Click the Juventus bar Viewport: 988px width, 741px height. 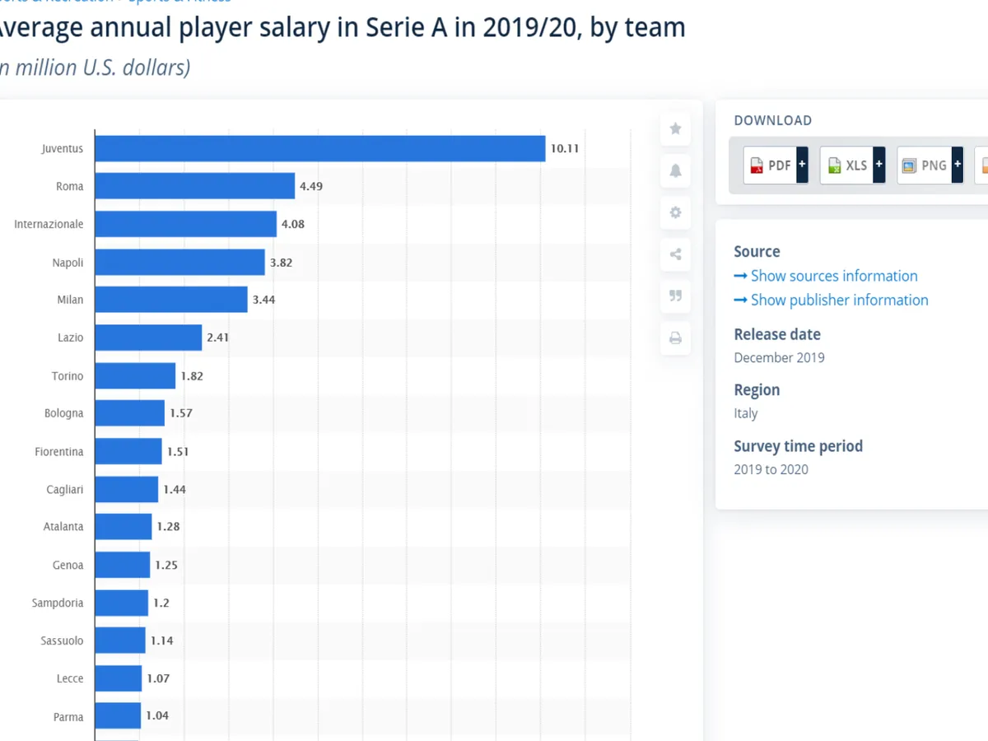(x=319, y=149)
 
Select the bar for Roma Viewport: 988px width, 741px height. (x=194, y=186)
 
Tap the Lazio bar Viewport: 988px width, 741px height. (x=148, y=338)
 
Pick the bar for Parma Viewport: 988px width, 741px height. (x=118, y=715)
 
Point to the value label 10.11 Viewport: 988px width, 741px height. (x=565, y=149)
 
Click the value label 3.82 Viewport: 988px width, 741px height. (x=281, y=263)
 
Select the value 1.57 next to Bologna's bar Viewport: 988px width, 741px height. (x=180, y=412)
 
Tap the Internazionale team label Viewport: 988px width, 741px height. (x=49, y=224)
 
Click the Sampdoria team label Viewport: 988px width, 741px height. (x=58, y=603)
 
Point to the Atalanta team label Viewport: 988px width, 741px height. (x=63, y=526)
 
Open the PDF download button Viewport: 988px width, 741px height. (x=775, y=165)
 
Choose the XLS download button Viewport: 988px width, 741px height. (x=852, y=165)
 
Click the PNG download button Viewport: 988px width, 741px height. (x=930, y=165)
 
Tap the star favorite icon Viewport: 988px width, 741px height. (x=675, y=128)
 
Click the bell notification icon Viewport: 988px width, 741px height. (x=675, y=170)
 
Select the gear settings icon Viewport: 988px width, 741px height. (x=675, y=212)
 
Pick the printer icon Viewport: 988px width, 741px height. (x=675, y=338)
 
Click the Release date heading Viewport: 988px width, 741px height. (x=777, y=334)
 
